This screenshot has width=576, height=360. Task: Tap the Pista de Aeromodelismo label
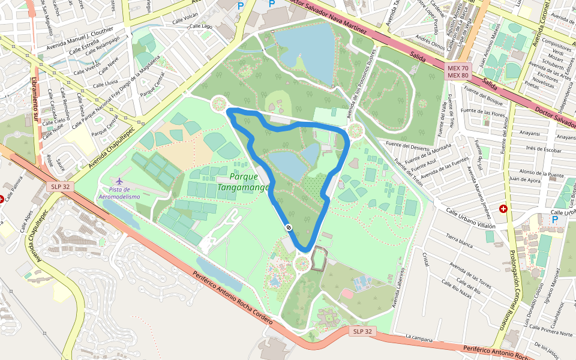tap(119, 193)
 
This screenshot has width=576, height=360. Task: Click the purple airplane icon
tap(119, 181)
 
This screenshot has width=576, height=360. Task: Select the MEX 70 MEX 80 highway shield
tap(458, 71)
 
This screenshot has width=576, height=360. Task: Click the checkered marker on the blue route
tap(289, 227)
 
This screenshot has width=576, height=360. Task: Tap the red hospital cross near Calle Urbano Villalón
tap(503, 209)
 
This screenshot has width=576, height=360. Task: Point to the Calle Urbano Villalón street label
tap(470, 218)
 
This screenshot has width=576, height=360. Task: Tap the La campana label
tap(419, 338)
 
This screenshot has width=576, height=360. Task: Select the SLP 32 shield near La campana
tap(362, 331)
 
